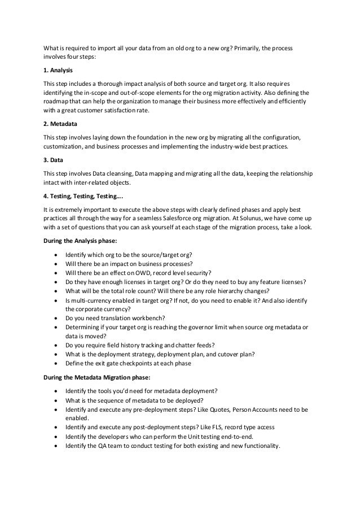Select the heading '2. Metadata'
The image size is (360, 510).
point(60,123)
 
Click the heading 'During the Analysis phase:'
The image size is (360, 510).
point(81,240)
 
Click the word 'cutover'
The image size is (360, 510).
point(224,355)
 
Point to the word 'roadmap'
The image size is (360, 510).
point(57,101)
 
